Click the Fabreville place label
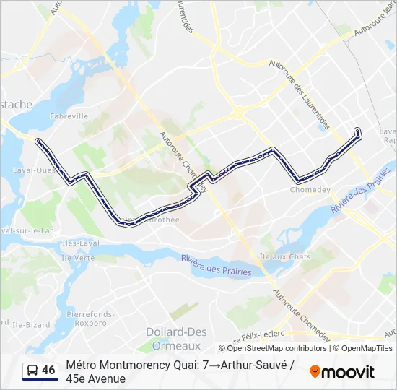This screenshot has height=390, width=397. (x=69, y=116)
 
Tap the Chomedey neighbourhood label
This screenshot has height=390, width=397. (x=310, y=191)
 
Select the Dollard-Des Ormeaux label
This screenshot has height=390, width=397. (x=176, y=337)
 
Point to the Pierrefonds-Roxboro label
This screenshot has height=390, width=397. (x=86, y=319)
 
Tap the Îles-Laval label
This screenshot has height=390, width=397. (x=80, y=244)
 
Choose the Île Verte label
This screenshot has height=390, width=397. (x=78, y=257)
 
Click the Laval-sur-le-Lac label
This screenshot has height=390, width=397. (x=29, y=230)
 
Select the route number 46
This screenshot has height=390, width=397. (x=48, y=370)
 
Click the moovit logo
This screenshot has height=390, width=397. (x=342, y=372)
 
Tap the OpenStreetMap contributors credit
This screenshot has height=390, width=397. (x=267, y=348)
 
